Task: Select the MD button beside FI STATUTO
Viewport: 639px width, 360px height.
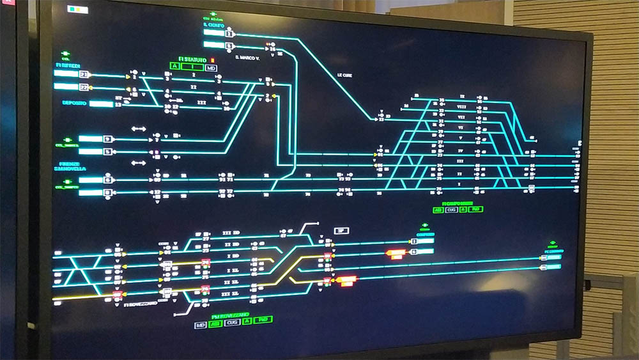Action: (211, 68)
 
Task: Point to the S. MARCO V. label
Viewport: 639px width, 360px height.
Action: (247, 58)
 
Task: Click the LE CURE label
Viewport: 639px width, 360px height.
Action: (345, 75)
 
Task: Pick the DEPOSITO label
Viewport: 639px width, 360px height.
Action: (74, 103)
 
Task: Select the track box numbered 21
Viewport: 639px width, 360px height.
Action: (84, 74)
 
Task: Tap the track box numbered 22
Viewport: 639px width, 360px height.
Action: (84, 88)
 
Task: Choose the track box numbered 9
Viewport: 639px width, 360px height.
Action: (108, 139)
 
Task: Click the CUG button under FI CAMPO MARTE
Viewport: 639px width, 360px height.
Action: (452, 209)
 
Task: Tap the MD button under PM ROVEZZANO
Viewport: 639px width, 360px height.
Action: (201, 325)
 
